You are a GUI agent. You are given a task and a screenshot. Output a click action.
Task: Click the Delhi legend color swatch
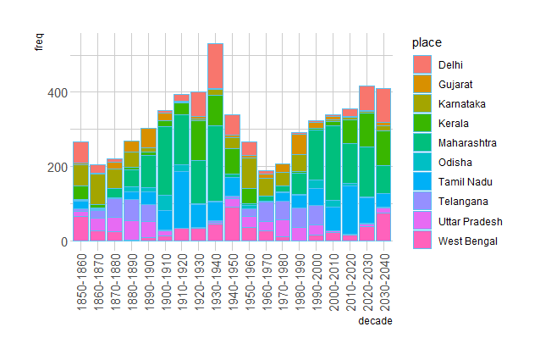pyautogui.click(x=422, y=65)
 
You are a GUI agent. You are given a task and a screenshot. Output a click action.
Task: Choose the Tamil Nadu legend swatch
pyautogui.click(x=422, y=182)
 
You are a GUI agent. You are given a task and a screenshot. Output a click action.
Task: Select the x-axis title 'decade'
pyautogui.click(x=374, y=321)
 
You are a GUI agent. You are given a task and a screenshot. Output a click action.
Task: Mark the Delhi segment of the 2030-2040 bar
pyautogui.click(x=383, y=105)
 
